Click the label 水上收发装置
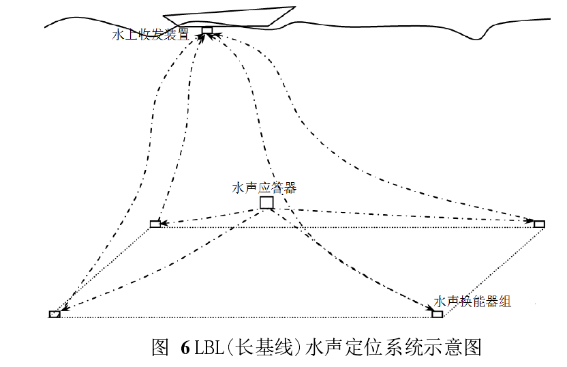coord(151,35)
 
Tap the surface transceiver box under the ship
coord(207,30)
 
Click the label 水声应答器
coord(264,188)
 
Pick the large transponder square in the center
coord(266,203)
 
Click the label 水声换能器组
coord(472,302)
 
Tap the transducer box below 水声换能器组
coord(437,314)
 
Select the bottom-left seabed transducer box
coord(55,314)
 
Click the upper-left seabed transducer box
coord(155,224)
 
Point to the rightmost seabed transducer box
coord(539,224)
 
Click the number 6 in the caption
coord(185,347)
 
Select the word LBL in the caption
coord(208,347)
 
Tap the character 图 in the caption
coord(159,347)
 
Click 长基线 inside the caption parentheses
coord(263,347)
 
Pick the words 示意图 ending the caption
coord(457,347)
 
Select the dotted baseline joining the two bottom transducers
coord(245,317)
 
